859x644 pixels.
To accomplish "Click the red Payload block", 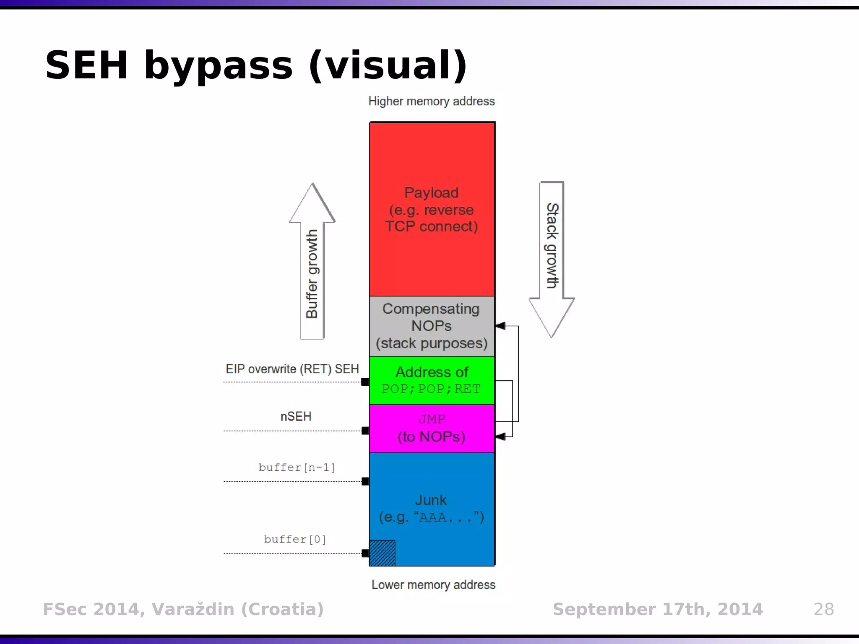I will (x=432, y=209).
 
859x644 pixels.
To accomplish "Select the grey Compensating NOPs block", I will (x=432, y=326).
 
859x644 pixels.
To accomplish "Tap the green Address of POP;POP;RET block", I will (x=432, y=380).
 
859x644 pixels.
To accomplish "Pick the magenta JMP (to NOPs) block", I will (x=432, y=428).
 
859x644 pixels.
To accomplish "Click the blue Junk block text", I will (x=432, y=508).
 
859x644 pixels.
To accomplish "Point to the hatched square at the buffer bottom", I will (x=382, y=553).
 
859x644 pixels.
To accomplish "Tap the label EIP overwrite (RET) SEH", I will (x=292, y=369).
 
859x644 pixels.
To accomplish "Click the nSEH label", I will (x=296, y=416).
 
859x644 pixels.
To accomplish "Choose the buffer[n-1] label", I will (x=297, y=467).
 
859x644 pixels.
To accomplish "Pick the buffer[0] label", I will (x=295, y=539).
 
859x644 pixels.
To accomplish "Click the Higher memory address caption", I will (x=432, y=101).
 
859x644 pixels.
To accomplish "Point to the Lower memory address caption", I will (x=433, y=584).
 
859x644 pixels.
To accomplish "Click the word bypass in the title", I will (x=218, y=65).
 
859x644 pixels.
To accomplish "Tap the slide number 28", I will (x=824, y=609).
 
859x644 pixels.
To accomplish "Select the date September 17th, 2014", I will (x=658, y=609).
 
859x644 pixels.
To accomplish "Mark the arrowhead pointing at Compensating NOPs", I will (x=500, y=326).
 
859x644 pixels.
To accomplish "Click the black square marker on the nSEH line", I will (x=365, y=431).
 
